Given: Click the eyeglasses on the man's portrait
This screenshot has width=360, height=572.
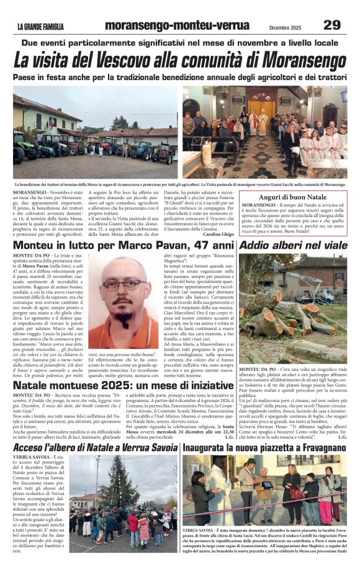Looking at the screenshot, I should tap(124, 285).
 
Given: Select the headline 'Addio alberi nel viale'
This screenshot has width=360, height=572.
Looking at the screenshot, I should tap(293, 246).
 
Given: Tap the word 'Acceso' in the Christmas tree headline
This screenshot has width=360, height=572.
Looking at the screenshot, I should tap(29, 447).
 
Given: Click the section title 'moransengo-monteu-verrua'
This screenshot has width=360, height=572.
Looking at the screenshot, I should tap(177, 25).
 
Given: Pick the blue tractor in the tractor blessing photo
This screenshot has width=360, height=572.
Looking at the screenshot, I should tap(143, 150).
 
